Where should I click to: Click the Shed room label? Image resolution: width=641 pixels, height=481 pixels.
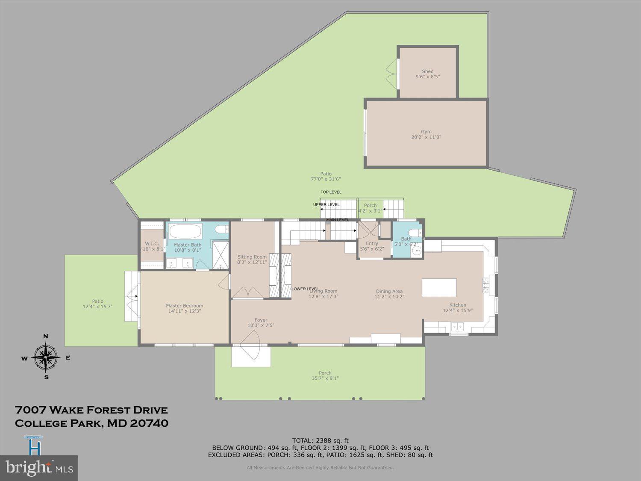coord(427,71)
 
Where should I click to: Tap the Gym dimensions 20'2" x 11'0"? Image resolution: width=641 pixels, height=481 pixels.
coord(426,137)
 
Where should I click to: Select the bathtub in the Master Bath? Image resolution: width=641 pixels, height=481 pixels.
coord(185,232)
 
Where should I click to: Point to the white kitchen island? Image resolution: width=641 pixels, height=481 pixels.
coord(439,287)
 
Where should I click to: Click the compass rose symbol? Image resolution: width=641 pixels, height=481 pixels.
coord(46,357)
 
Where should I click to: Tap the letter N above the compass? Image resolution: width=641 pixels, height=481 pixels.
coord(46,336)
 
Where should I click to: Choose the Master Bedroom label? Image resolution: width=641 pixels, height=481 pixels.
coord(185,306)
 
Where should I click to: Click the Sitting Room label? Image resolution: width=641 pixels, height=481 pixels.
coord(252,257)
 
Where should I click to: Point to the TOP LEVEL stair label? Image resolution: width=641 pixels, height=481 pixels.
coord(331,192)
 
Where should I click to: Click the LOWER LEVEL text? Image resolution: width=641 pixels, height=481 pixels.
coord(305,289)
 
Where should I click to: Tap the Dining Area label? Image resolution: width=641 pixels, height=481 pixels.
coord(389,292)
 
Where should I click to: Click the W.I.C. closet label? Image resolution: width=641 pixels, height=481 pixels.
coord(152,244)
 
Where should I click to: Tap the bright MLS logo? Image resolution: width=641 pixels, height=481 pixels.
coord(39,468)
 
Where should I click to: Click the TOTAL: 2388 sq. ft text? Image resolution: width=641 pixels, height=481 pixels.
coord(320,440)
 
